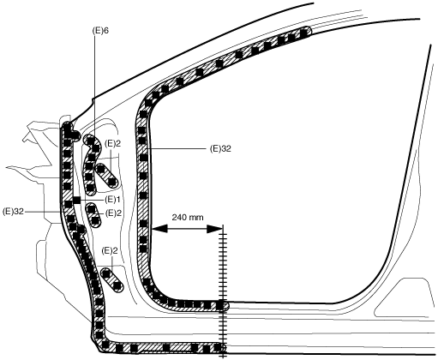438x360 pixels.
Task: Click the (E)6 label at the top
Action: point(100,31)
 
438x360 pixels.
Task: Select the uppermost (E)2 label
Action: point(112,143)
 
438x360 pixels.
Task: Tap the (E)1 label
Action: point(111,200)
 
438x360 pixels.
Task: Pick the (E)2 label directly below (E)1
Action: point(113,213)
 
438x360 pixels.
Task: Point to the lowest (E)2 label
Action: point(110,251)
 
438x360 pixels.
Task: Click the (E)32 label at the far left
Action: point(13,212)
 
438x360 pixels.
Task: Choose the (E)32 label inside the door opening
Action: point(220,149)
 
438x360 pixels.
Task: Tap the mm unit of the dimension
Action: point(196,218)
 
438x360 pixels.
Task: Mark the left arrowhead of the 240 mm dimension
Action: point(159,229)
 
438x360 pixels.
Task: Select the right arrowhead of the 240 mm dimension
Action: point(214,229)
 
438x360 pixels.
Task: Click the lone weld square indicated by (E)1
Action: point(76,201)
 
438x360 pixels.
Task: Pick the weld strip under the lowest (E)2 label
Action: point(111,279)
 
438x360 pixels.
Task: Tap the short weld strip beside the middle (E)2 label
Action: point(93,215)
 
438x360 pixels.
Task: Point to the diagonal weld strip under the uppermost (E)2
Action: point(106,176)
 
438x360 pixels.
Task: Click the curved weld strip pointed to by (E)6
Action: point(90,165)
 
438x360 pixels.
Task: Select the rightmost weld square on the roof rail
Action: point(304,32)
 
